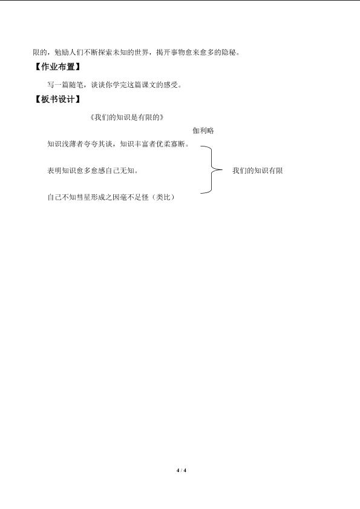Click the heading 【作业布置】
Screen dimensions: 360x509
pos(57,67)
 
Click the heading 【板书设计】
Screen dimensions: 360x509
pos(57,99)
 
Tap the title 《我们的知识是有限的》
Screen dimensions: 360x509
pos(126,117)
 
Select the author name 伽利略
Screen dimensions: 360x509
pos(203,131)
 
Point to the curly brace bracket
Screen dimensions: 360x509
pos(211,170)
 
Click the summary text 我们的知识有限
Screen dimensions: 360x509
pos(257,171)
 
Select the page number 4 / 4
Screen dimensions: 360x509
pos(181,470)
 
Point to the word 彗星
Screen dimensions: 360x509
pos(83,197)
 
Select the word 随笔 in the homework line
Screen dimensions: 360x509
pos(76,85)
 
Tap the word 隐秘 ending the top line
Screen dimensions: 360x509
pos(229,52)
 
